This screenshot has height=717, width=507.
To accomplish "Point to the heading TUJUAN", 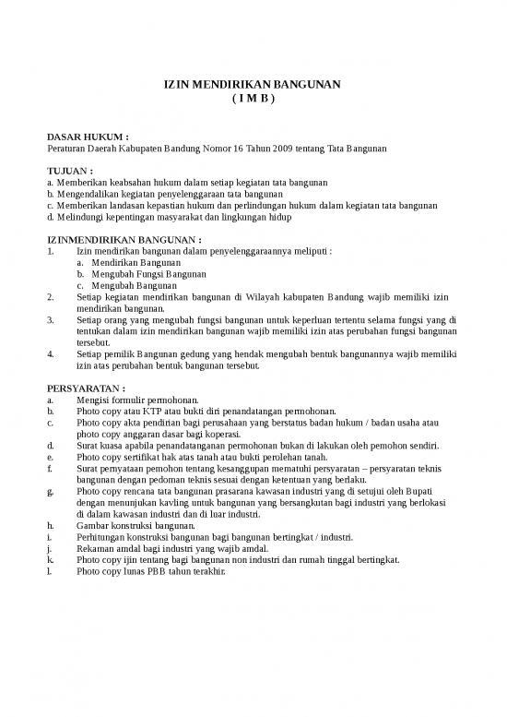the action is click(70, 173).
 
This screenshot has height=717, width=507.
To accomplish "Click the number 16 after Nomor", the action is click(240, 148).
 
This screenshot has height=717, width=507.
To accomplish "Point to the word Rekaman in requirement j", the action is click(97, 548).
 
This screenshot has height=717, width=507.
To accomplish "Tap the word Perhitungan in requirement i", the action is click(104, 536).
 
